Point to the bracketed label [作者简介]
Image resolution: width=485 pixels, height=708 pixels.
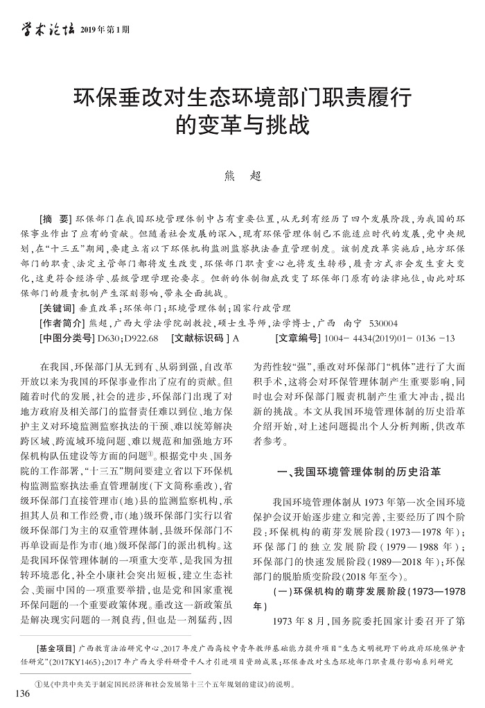coord(63,323)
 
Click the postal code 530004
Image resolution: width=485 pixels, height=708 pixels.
coord(383,323)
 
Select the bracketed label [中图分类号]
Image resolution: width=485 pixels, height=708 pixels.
coord(67,338)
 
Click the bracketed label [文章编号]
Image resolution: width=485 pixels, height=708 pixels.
coord(298,338)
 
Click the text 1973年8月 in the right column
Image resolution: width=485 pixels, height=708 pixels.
coord(297,620)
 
